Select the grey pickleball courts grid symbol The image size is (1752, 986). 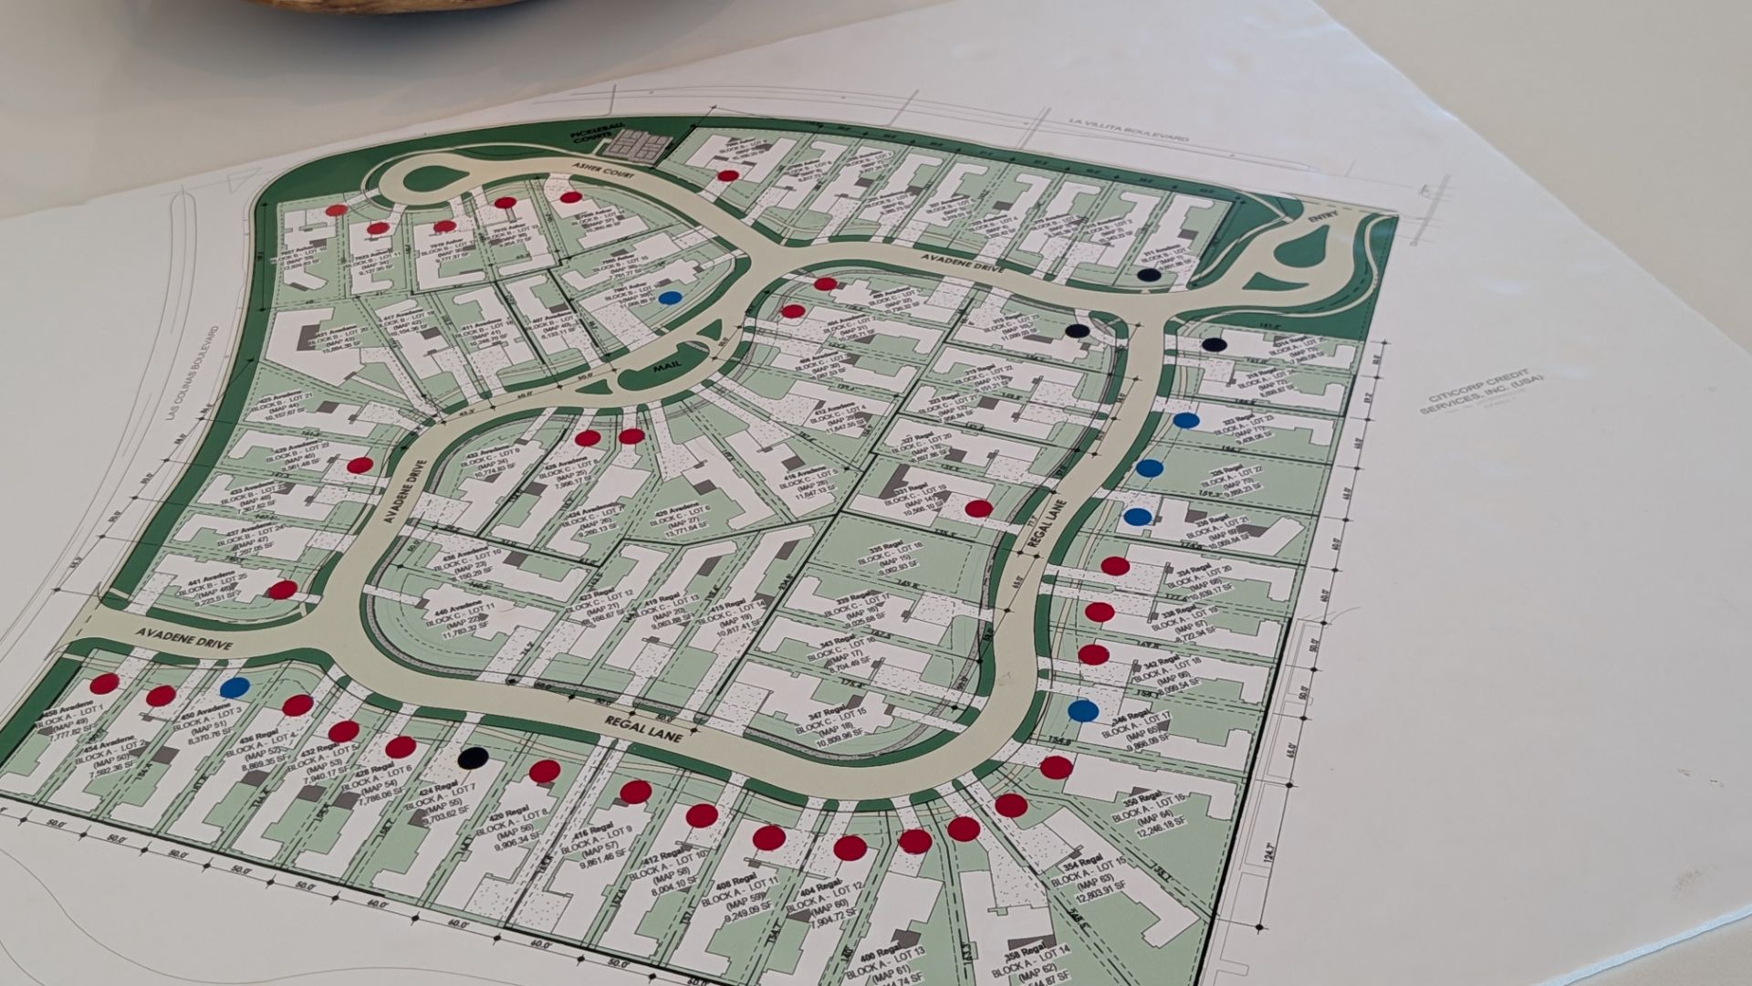tap(640, 142)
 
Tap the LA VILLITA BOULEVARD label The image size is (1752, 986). tap(1131, 128)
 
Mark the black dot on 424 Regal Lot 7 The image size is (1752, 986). tap(473, 757)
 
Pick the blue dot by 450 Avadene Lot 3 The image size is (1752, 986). tap(235, 687)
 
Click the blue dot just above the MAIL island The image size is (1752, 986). tap(671, 298)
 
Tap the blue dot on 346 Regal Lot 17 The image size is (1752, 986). tap(1082, 709)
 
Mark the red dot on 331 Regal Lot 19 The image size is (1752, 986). tap(978, 509)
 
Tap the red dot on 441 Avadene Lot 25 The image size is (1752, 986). tap(283, 590)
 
